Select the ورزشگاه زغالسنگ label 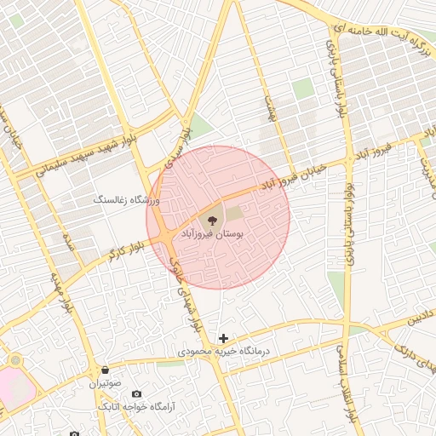pos(127,199)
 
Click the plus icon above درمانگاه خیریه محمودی pos(224,338)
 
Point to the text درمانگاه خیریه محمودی pos(223,351)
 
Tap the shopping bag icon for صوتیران pos(105,370)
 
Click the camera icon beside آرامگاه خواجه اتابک pos(136,393)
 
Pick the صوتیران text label pos(105,384)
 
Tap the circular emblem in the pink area pos(14,361)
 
